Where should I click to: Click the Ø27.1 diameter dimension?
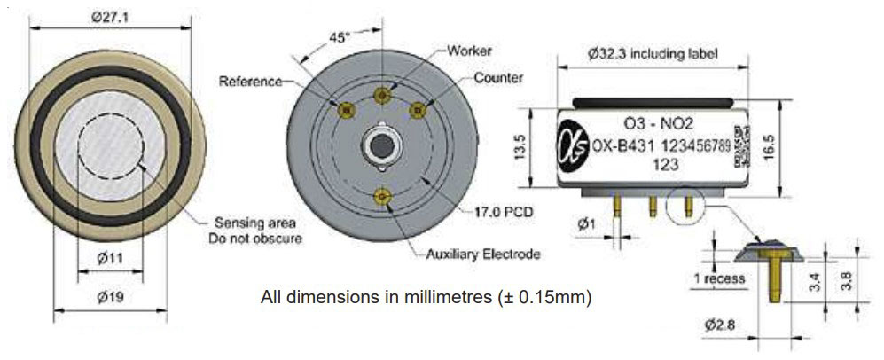111,18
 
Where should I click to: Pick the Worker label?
469,51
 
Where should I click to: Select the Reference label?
250,81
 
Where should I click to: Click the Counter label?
498,77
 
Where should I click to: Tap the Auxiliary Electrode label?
483,254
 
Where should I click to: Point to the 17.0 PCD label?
503,213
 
